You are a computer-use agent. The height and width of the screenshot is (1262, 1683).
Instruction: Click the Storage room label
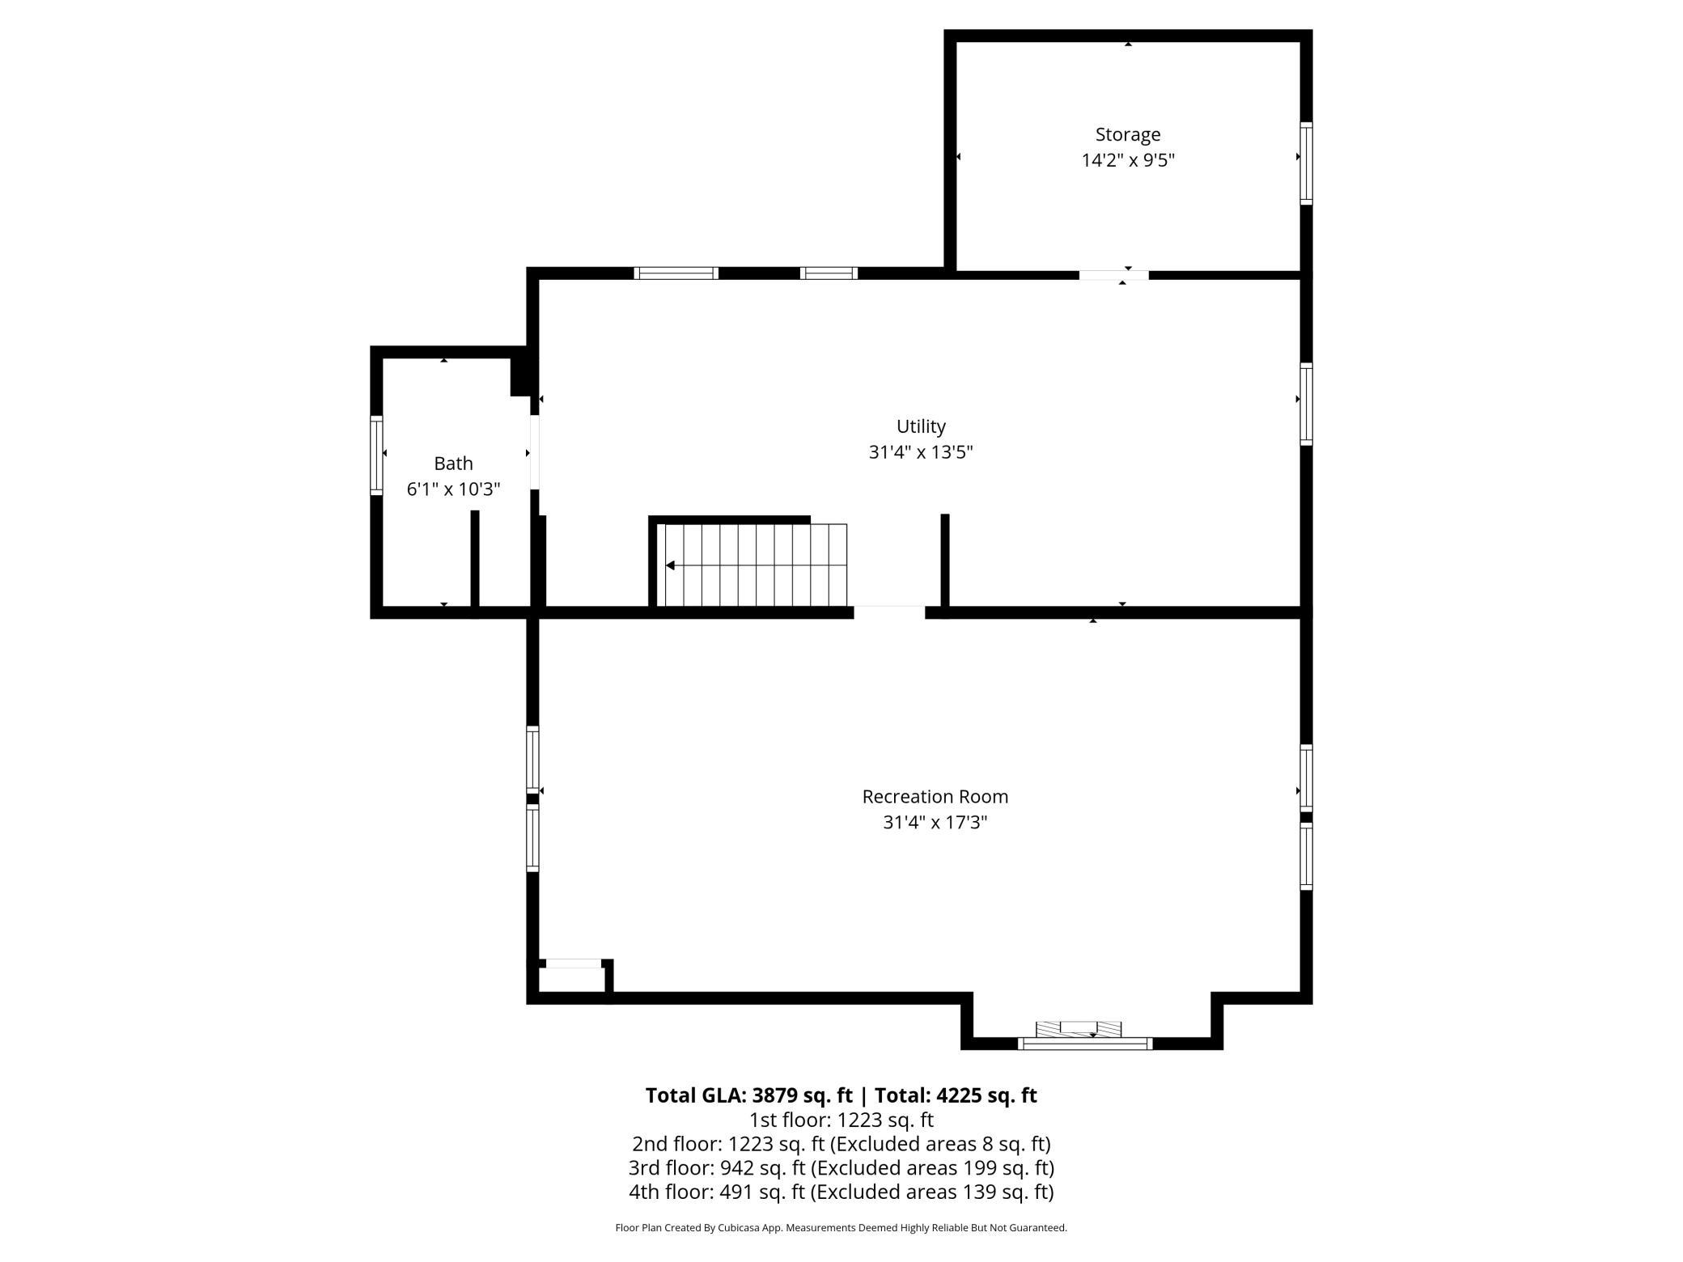tap(1127, 134)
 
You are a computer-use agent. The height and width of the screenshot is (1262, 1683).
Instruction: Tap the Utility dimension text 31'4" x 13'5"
tap(920, 452)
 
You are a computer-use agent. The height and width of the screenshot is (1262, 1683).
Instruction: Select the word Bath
tap(453, 464)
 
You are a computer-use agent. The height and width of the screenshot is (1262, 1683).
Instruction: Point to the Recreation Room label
tap(935, 797)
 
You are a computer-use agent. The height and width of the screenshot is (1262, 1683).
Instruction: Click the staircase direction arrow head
tap(670, 565)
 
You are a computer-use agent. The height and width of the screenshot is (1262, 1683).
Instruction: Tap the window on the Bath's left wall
tap(376, 455)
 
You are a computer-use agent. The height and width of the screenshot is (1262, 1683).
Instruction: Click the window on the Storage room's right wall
tap(1305, 163)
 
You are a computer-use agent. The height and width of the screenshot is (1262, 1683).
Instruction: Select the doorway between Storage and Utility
tap(1113, 275)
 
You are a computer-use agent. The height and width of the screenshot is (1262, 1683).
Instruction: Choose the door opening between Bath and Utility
tap(535, 452)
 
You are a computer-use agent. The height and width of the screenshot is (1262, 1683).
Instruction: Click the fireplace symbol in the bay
tap(1079, 1029)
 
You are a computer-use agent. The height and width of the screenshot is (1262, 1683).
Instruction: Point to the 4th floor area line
tap(841, 1192)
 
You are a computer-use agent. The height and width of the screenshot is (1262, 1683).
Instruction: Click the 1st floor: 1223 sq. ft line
tap(841, 1120)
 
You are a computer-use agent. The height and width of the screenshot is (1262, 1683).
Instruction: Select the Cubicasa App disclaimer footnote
tap(841, 1228)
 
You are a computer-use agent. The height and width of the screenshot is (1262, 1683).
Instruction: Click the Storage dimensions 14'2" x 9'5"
tap(1127, 160)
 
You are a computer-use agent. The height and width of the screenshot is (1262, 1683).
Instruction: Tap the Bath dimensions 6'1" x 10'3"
tap(453, 489)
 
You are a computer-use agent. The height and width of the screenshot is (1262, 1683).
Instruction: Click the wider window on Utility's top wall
tap(676, 273)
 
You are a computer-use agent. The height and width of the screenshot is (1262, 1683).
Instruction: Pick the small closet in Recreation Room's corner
tap(571, 979)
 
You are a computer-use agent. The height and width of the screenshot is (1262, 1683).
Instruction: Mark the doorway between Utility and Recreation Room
tap(889, 612)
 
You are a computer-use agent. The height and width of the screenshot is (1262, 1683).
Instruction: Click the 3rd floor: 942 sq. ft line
tap(841, 1168)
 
